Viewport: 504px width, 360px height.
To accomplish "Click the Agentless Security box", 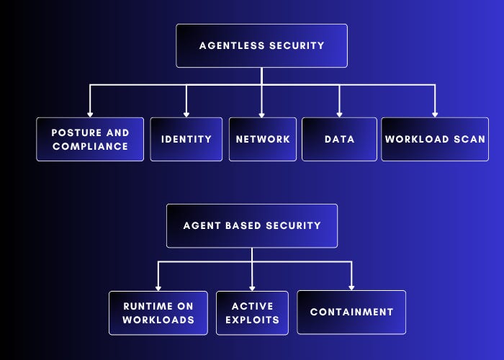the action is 261,46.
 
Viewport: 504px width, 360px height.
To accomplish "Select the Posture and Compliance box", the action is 90,139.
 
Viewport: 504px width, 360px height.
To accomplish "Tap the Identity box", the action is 186,139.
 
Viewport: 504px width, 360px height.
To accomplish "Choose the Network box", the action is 263,139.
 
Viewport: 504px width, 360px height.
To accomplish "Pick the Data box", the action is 339,139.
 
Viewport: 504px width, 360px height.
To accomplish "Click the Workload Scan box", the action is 435,139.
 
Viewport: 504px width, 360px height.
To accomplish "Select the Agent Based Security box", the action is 252,225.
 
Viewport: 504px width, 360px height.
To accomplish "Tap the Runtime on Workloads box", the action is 158,312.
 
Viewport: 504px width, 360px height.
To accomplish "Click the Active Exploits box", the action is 252,312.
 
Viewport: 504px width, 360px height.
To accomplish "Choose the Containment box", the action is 351,312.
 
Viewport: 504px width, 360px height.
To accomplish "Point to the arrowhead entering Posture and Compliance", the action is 90,113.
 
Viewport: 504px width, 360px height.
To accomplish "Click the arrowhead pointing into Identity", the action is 186,113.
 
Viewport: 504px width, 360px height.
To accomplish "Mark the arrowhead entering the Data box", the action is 339,113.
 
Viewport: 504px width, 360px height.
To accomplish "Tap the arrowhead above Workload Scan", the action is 435,113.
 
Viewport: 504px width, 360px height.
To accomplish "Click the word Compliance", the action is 90,146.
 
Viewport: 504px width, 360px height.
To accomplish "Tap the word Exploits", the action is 252,320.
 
